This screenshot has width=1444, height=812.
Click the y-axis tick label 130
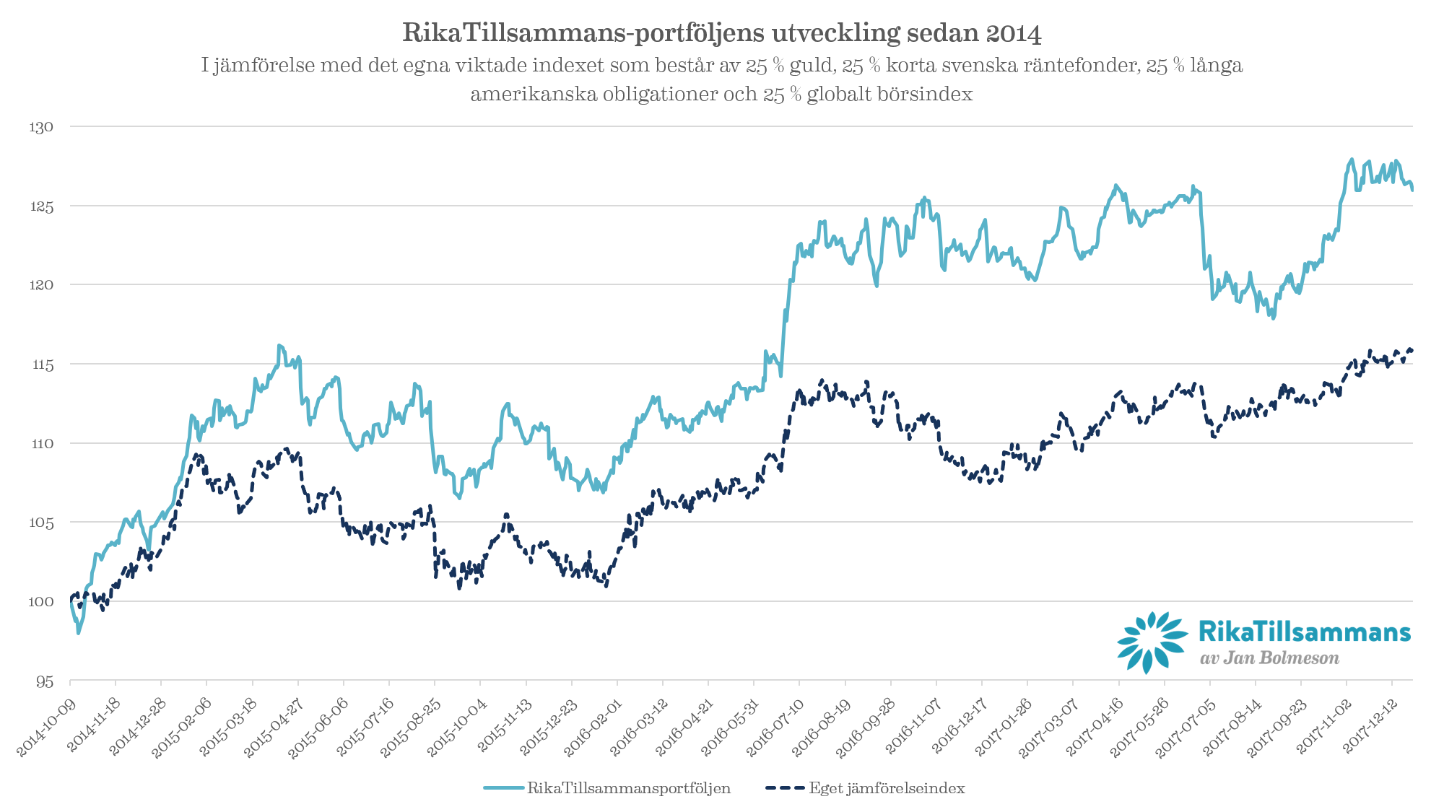41,127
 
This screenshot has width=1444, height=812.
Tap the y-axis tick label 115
42,364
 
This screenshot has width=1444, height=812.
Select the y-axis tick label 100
40,601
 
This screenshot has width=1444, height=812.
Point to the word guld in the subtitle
812,66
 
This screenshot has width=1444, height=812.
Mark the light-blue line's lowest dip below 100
79,632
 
